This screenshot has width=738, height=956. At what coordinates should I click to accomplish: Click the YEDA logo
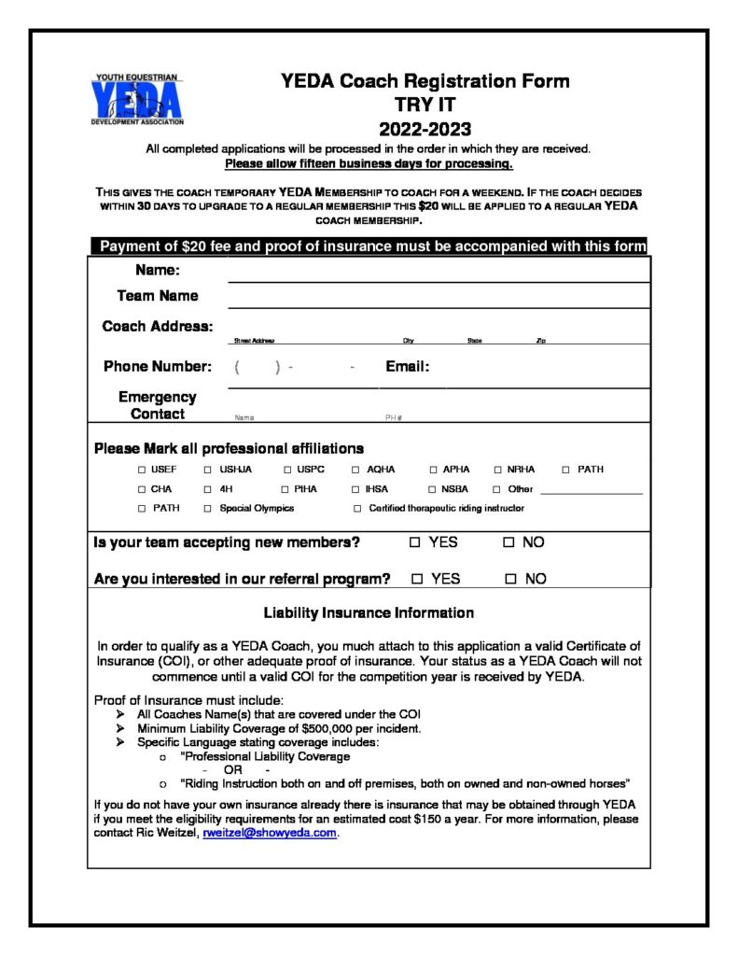pyautogui.click(x=137, y=99)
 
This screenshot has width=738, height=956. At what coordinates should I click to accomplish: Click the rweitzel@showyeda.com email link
pyautogui.click(x=270, y=834)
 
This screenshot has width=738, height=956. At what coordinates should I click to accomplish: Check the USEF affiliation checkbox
pyautogui.click(x=142, y=470)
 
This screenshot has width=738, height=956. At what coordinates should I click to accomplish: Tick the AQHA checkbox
pyautogui.click(x=355, y=470)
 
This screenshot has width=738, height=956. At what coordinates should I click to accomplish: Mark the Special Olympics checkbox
pyautogui.click(x=208, y=509)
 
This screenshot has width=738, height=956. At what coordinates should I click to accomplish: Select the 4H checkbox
pyautogui.click(x=208, y=489)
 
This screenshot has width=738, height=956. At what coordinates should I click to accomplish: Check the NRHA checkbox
pyautogui.click(x=498, y=470)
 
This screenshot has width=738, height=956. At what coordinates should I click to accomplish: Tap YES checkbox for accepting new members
pyautogui.click(x=415, y=542)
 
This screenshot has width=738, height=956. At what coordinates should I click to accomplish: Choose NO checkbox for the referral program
pyautogui.click(x=510, y=579)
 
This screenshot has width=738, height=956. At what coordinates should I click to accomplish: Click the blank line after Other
pyautogui.click(x=592, y=491)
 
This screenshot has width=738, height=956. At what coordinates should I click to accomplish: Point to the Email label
pyautogui.click(x=407, y=367)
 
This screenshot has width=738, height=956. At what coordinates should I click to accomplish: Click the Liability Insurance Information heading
pyautogui.click(x=369, y=613)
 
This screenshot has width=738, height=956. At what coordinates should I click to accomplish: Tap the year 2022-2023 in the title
pyautogui.click(x=425, y=129)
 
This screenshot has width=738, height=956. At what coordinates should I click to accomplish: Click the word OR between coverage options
pyautogui.click(x=232, y=769)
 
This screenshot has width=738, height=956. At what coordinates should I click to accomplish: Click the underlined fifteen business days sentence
pyautogui.click(x=369, y=163)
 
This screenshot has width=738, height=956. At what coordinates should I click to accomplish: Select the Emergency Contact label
pyautogui.click(x=157, y=405)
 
